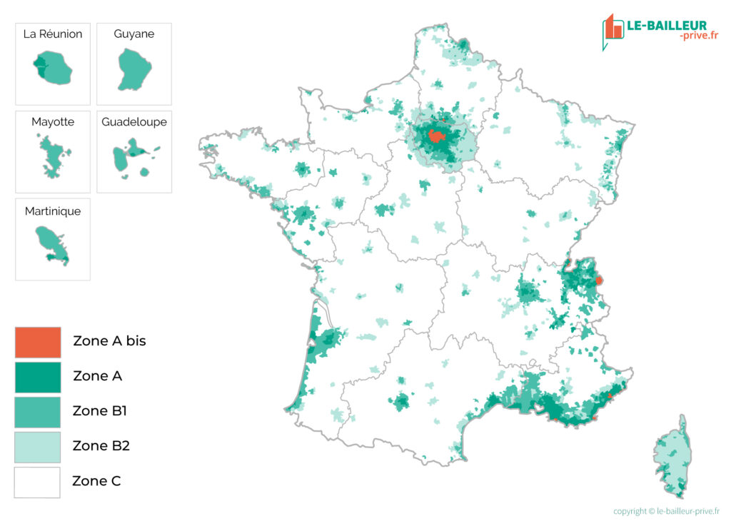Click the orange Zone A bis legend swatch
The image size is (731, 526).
tap(38, 342)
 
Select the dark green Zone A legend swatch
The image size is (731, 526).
tap(38, 377)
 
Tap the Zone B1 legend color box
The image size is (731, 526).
tap(38, 412)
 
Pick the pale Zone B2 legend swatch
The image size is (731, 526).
tap(38, 447)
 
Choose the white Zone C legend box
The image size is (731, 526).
tap(38, 482)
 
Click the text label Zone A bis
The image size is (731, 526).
tap(109, 341)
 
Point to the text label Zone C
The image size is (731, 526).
tap(96, 481)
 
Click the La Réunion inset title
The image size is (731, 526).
tap(53, 34)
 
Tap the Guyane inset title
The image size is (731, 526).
tap(134, 34)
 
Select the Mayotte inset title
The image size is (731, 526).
tap(53, 122)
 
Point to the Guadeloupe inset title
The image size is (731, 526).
tap(134, 122)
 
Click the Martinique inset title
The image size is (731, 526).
tap(53, 211)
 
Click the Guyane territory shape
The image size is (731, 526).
tap(133, 70)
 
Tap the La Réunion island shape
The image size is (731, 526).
tap(53, 68)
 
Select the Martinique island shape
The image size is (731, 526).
tap(53, 244)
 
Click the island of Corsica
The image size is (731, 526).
tap(674, 457)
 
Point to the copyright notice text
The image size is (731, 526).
tap(666, 511)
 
